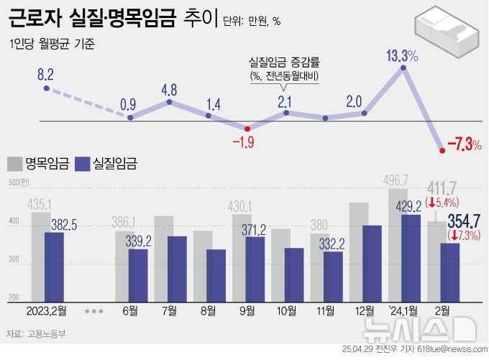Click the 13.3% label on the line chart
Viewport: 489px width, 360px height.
point(402,55)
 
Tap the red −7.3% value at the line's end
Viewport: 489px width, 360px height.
point(464,146)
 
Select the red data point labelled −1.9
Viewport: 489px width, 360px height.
point(247,129)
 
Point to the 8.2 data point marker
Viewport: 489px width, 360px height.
point(47,88)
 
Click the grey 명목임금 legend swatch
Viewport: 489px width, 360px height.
point(14,164)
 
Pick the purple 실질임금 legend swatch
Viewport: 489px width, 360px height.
point(82,164)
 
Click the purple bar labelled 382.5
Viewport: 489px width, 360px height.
point(54,266)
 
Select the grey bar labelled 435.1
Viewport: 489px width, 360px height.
point(40,256)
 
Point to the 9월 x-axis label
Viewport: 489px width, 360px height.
point(247,310)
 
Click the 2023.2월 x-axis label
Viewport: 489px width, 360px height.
point(46,310)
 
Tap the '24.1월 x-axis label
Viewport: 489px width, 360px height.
point(403,310)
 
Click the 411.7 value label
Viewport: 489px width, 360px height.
point(442,189)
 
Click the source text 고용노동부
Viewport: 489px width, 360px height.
point(47,333)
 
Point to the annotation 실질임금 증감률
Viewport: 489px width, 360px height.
point(284,63)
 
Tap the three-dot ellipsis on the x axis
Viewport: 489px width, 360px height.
point(93,311)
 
